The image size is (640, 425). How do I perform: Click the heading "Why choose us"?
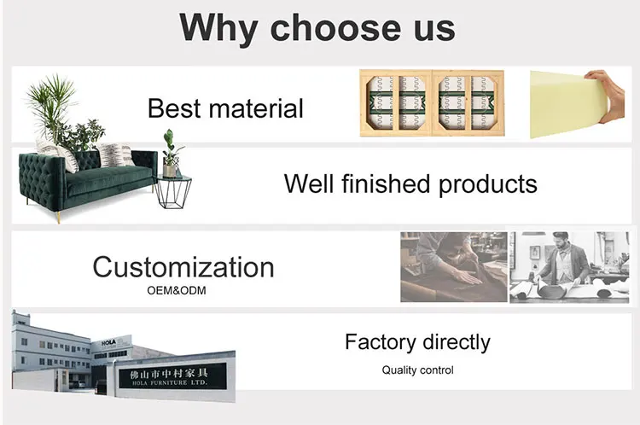click(317, 28)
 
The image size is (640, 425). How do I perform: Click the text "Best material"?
click(225, 108)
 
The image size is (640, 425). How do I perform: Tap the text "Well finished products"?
click(410, 184)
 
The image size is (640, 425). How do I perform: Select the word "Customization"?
click(183, 267)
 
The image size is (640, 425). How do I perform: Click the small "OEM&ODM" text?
click(177, 291)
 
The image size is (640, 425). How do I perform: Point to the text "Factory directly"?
click(417, 342)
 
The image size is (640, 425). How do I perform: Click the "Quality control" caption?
click(417, 370)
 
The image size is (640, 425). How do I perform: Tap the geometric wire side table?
click(173, 191)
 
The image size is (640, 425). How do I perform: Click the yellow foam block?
click(569, 104)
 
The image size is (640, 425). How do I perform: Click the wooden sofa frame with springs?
click(432, 103)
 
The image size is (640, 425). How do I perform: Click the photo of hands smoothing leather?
click(454, 267)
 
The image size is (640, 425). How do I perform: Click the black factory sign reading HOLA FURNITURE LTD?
click(172, 376)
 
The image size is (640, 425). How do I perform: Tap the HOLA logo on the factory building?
click(109, 342)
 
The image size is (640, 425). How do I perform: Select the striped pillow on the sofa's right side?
click(114, 154)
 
